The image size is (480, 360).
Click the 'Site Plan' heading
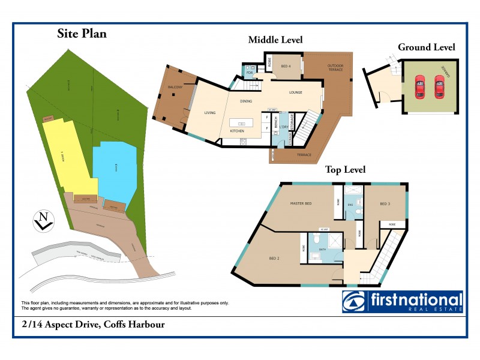(82, 34)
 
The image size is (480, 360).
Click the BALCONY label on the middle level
(175, 88)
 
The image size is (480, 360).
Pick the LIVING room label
(209, 112)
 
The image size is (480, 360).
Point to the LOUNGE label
(295, 92)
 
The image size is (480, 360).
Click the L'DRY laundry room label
(281, 127)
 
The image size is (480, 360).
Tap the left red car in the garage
(420, 86)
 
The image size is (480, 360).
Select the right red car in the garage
(439, 86)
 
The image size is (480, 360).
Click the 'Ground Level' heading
(426, 47)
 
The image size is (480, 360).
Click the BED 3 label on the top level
(385, 204)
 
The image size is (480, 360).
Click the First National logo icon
(353, 302)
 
